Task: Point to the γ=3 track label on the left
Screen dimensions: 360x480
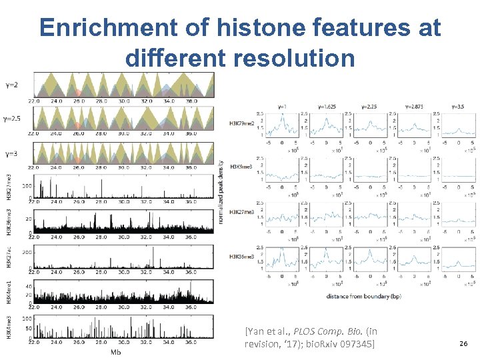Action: pyautogui.click(x=11, y=153)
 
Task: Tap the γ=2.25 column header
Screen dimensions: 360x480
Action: pyautogui.click(x=369, y=107)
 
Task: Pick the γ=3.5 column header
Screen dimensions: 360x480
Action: pyautogui.click(x=458, y=107)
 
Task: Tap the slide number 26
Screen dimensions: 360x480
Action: pyautogui.click(x=465, y=343)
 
